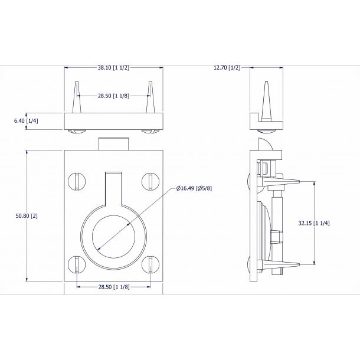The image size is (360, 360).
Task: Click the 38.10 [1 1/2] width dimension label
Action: pyautogui.click(x=113, y=67)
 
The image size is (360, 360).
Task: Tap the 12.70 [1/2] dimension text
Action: pyautogui.click(x=227, y=67)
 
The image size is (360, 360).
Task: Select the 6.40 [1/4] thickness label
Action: pyautogui.click(x=26, y=120)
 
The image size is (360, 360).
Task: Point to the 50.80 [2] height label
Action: pyautogui.click(x=27, y=216)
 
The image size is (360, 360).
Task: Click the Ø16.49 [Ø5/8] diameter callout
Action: pyautogui.click(x=194, y=188)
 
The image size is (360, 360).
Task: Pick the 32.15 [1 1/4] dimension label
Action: pyautogui.click(x=314, y=223)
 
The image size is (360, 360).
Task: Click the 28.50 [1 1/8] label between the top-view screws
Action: pyautogui.click(x=113, y=96)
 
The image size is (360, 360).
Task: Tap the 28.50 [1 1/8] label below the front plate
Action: pyautogui.click(x=114, y=287)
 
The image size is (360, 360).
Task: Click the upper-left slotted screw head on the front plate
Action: pyautogui.click(x=77, y=181)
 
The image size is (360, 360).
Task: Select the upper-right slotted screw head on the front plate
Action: pyautogui.click(x=150, y=181)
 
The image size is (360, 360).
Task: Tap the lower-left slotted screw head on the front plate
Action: pyautogui.click(x=77, y=264)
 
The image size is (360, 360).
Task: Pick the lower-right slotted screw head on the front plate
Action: pyautogui.click(x=150, y=264)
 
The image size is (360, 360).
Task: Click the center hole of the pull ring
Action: pyautogui.click(x=114, y=237)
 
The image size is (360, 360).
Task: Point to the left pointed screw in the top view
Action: pyautogui.click(x=77, y=97)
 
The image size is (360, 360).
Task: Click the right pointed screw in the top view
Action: pyautogui.click(x=150, y=97)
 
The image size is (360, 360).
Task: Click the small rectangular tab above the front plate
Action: pyautogui.click(x=113, y=144)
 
